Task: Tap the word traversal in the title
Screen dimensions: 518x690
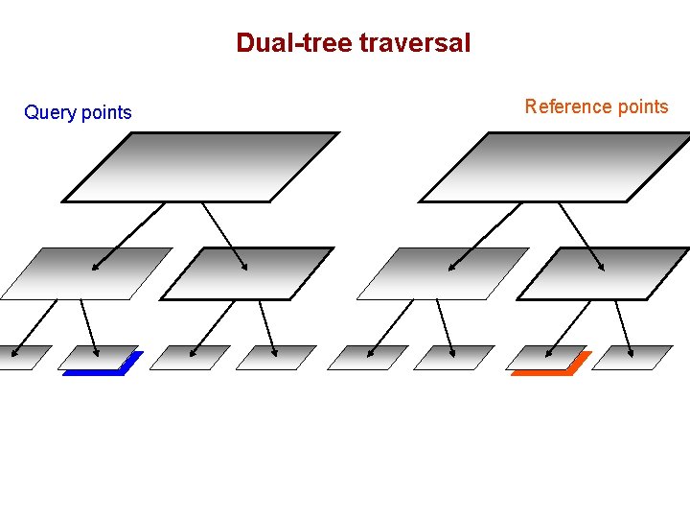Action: (x=415, y=43)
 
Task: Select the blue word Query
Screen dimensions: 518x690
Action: (x=50, y=113)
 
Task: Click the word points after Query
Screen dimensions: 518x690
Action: (x=106, y=113)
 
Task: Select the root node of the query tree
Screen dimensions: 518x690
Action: (x=201, y=167)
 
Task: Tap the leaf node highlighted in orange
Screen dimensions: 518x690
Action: (x=547, y=359)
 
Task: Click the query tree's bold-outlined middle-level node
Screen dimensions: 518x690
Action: (x=246, y=273)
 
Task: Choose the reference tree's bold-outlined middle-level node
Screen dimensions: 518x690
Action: (x=603, y=273)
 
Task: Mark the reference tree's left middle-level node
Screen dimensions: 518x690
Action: (x=444, y=273)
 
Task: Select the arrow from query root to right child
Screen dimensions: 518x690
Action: (x=225, y=237)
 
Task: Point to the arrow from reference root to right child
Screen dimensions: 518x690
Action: (x=582, y=237)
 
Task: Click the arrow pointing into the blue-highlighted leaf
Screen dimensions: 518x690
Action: (x=89, y=327)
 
